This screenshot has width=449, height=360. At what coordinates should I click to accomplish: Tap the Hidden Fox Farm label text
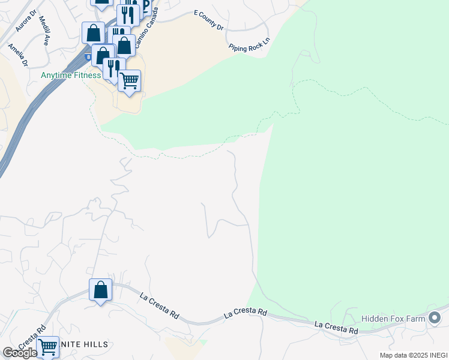click(393, 319)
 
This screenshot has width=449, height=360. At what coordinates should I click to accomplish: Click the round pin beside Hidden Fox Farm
click(436, 318)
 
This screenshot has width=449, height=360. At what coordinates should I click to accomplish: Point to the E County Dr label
click(208, 20)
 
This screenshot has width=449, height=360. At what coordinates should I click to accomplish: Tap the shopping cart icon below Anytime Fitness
click(130, 80)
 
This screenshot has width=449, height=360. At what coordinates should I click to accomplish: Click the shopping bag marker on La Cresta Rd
click(100, 290)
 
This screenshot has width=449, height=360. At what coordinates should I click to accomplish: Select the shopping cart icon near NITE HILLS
click(47, 347)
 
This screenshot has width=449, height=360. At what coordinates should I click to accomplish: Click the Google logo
click(19, 353)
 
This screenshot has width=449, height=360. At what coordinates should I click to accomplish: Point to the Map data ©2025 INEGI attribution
click(413, 355)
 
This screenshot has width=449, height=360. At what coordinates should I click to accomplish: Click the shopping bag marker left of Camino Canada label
click(94, 33)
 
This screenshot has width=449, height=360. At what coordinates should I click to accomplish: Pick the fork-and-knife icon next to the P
click(128, 13)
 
